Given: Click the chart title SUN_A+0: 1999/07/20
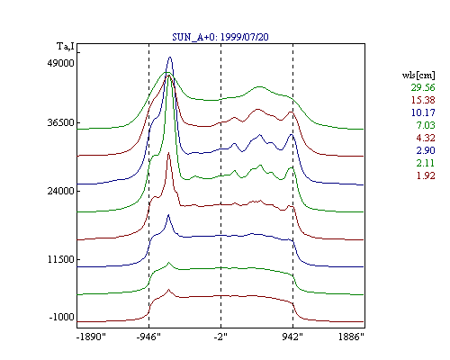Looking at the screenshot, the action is point(220,37).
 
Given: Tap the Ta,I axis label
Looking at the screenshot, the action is point(66,47).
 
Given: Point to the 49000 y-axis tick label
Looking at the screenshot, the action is point(60,63).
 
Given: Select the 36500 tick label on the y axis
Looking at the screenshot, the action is point(60,123).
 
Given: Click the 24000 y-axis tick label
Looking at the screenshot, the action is point(60,191).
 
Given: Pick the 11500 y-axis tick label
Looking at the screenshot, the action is point(60,259).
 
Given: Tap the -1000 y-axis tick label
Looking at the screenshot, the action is point(61,317).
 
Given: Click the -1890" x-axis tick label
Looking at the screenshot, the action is point(92,337).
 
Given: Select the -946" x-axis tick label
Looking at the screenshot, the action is point(148,337).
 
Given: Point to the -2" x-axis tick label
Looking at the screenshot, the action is point(220,337).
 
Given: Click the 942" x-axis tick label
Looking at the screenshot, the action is point(292,337).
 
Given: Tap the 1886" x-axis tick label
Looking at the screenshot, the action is point(351,337).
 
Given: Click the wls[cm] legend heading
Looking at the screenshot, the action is point(418,75).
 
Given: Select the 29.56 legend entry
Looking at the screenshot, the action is point(423,87).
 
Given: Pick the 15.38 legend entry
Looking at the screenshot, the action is point(423,100).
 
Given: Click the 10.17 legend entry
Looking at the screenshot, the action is point(423,112).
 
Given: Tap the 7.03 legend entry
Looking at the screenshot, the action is point(426,125).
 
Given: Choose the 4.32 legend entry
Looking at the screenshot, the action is point(426,138).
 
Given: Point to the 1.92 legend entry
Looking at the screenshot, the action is point(426,175).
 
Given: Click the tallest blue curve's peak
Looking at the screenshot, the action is point(170,57).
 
